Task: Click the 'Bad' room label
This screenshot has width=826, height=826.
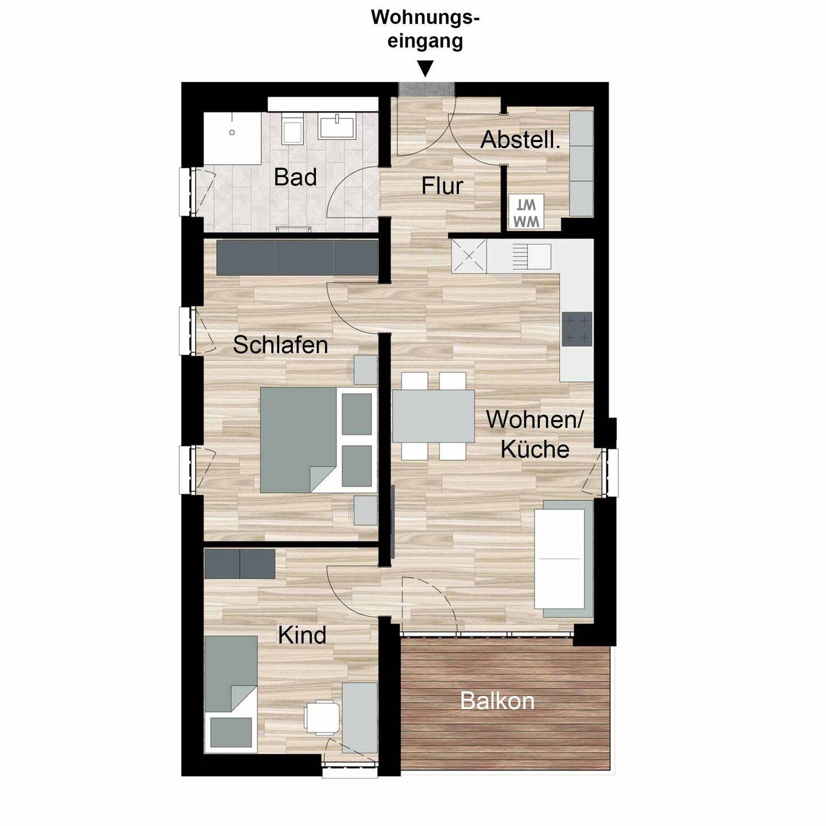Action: pos(295,177)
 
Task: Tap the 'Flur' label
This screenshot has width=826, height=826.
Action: pos(442,186)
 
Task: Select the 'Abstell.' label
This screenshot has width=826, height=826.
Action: pos(520,140)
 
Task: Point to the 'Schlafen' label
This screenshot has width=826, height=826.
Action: pos(280,345)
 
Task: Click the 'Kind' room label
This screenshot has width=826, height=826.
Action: pos(302,635)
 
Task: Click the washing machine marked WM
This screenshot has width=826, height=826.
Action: pos(526,211)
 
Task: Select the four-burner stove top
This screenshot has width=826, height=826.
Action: pos(578,329)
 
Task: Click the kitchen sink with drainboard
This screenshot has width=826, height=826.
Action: pos(532,256)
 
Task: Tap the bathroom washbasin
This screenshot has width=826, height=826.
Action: pos(336,126)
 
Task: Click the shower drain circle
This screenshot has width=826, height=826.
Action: pos(232,133)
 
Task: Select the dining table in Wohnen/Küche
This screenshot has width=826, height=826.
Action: pos(433,416)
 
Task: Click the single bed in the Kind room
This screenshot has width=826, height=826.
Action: pos(231,700)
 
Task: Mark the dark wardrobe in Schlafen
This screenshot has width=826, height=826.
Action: pos(297,257)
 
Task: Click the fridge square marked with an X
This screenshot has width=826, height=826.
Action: pos(469,256)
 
